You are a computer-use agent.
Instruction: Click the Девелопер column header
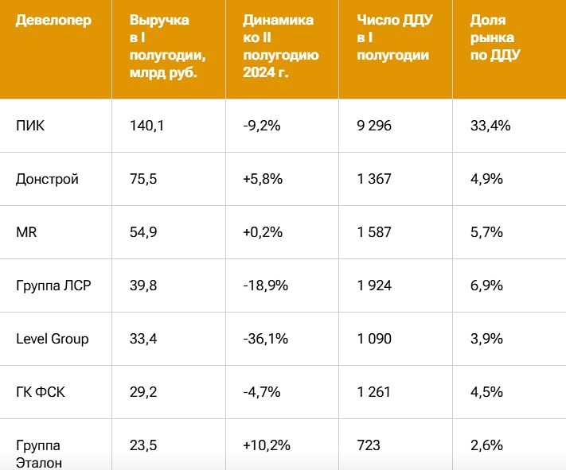(x=53, y=20)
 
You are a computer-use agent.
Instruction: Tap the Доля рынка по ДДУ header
(x=492, y=37)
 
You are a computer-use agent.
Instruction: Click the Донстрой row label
(x=47, y=179)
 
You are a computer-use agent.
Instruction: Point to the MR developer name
(x=26, y=232)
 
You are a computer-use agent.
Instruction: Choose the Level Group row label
(x=52, y=339)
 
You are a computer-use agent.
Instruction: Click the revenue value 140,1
(x=146, y=126)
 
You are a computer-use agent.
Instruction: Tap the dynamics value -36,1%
(x=265, y=339)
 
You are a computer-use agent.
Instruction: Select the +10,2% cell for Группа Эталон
(x=267, y=445)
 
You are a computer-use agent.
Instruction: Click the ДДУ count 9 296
(x=374, y=126)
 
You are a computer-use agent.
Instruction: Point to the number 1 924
(x=374, y=285)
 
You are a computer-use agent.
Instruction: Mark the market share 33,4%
(x=490, y=126)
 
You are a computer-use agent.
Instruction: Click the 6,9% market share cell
(x=486, y=285)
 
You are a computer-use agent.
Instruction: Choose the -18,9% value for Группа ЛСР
(x=265, y=285)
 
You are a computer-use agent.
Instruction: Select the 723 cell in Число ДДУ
(x=368, y=445)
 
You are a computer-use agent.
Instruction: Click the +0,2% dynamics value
(x=263, y=232)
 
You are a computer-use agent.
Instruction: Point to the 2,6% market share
(x=486, y=445)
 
